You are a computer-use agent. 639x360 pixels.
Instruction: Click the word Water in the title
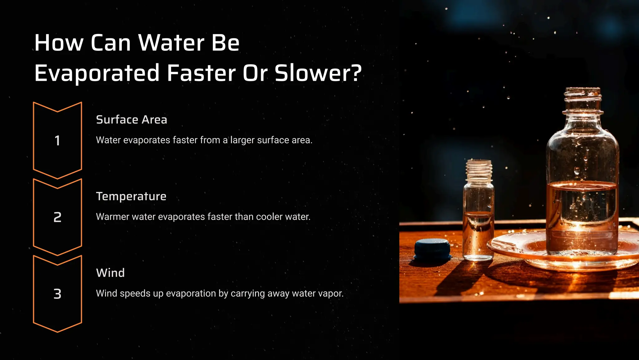click(171, 43)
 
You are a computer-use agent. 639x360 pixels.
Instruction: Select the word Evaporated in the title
click(97, 73)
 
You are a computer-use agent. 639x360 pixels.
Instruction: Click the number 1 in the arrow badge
click(57, 140)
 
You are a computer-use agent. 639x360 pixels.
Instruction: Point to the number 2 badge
click(57, 217)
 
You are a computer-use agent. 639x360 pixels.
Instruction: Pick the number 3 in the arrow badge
click(57, 294)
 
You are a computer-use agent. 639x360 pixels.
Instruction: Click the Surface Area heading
click(131, 120)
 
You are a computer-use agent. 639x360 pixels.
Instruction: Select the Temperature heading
click(131, 197)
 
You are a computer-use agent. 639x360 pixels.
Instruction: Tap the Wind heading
click(110, 273)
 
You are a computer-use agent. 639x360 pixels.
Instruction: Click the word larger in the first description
click(242, 140)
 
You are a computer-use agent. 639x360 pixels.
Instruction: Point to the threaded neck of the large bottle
click(583, 100)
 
